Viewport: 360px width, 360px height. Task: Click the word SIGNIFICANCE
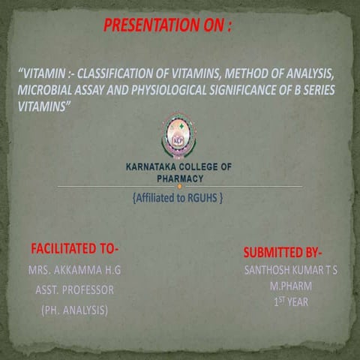(x=277, y=90)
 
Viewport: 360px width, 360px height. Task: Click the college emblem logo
(x=178, y=134)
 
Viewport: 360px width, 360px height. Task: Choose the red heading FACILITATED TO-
(x=75, y=248)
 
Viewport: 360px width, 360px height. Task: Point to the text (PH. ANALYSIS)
(x=74, y=308)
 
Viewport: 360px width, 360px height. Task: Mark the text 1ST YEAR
(x=290, y=302)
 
